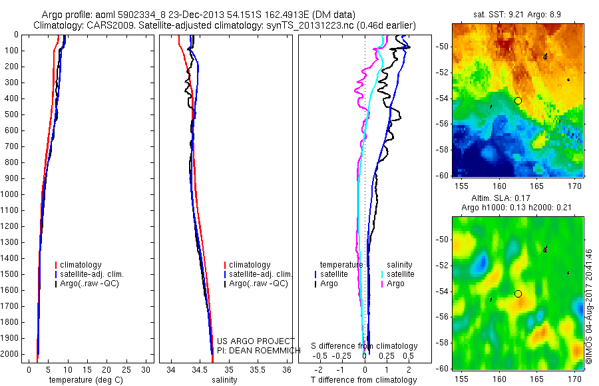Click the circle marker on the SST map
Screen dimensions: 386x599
coord(518,100)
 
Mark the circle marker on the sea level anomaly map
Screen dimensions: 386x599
coord(518,293)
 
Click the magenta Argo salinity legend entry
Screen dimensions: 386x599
coord(395,284)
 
